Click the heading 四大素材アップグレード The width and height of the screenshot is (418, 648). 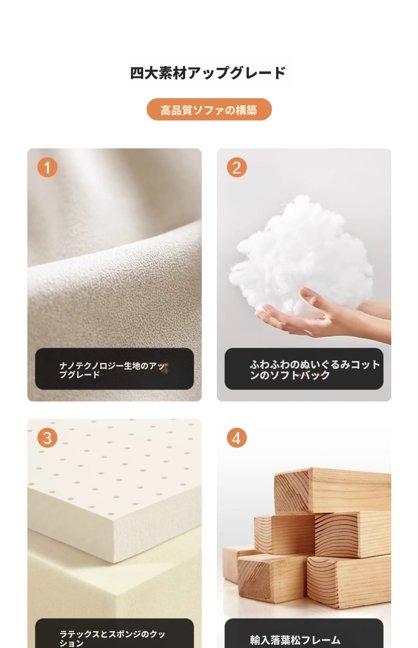point(208,73)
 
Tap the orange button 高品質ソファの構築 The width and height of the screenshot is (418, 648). point(209,109)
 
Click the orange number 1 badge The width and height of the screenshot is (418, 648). point(47,167)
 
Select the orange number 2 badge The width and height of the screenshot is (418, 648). point(237,167)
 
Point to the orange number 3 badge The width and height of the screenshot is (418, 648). point(47,438)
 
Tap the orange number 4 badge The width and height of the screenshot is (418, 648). point(237,438)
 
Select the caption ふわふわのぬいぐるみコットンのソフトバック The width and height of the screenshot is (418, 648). point(315,370)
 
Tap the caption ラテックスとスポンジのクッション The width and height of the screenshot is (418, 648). point(112,639)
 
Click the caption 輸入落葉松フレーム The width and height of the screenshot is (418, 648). point(295,640)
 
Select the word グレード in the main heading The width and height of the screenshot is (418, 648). point(258,73)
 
